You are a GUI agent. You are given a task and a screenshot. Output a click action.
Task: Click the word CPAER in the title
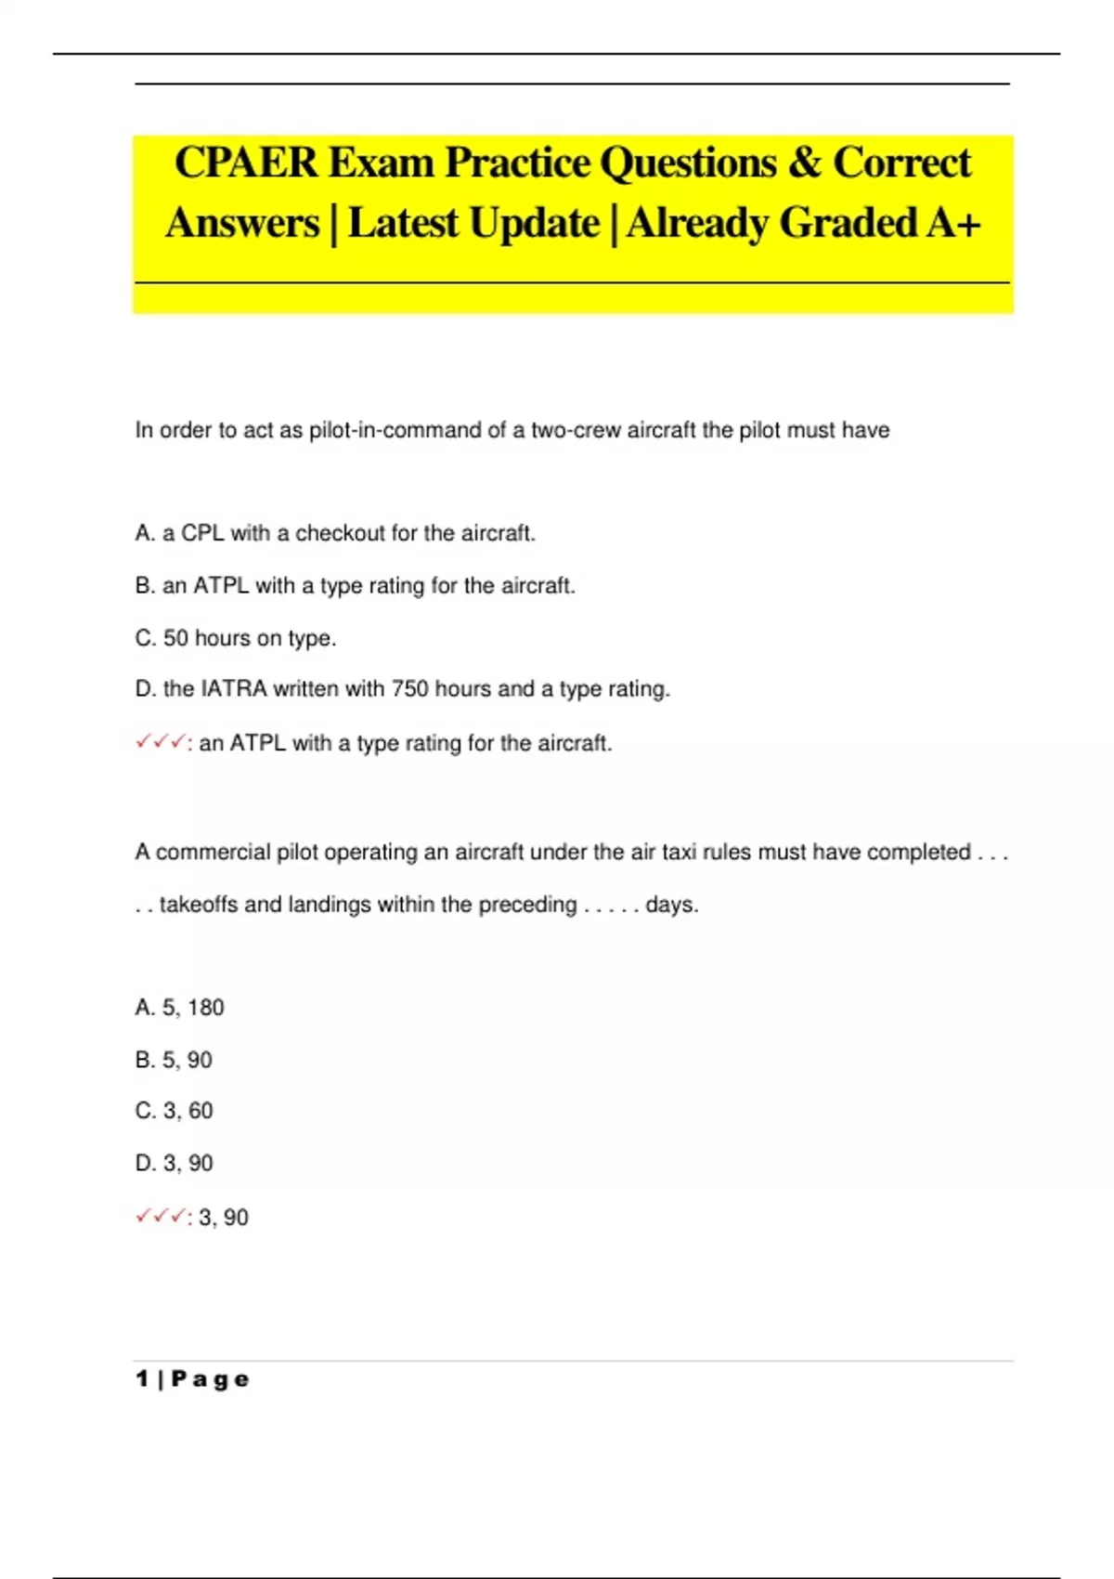click(245, 163)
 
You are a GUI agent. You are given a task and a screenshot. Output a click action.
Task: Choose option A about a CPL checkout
click(335, 533)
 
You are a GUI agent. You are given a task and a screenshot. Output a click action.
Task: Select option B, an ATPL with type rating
click(355, 586)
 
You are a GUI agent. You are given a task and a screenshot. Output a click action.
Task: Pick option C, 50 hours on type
click(236, 638)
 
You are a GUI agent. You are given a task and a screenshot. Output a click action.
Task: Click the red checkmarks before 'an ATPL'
click(160, 742)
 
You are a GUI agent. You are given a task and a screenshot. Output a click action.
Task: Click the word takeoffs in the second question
click(199, 905)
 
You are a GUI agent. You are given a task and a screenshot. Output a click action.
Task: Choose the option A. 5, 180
click(179, 1008)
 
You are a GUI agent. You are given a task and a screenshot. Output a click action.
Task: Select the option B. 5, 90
click(174, 1060)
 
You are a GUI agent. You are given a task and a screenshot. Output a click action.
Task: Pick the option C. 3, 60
click(174, 1111)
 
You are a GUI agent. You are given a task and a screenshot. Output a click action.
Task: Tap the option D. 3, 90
click(174, 1163)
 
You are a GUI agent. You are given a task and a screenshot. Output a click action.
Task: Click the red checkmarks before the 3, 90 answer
click(160, 1216)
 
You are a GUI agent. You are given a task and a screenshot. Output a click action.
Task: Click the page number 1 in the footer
click(142, 1379)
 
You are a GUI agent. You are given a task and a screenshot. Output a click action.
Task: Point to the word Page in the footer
click(211, 1379)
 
